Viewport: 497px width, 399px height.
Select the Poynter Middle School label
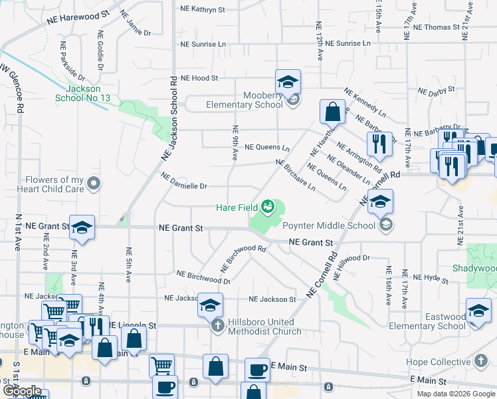point(330,225)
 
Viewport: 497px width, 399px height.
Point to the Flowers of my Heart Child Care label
point(55,184)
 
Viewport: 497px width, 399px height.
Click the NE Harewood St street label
point(78,18)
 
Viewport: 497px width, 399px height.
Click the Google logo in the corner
point(22,390)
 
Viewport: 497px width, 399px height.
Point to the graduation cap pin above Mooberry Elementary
point(288,82)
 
